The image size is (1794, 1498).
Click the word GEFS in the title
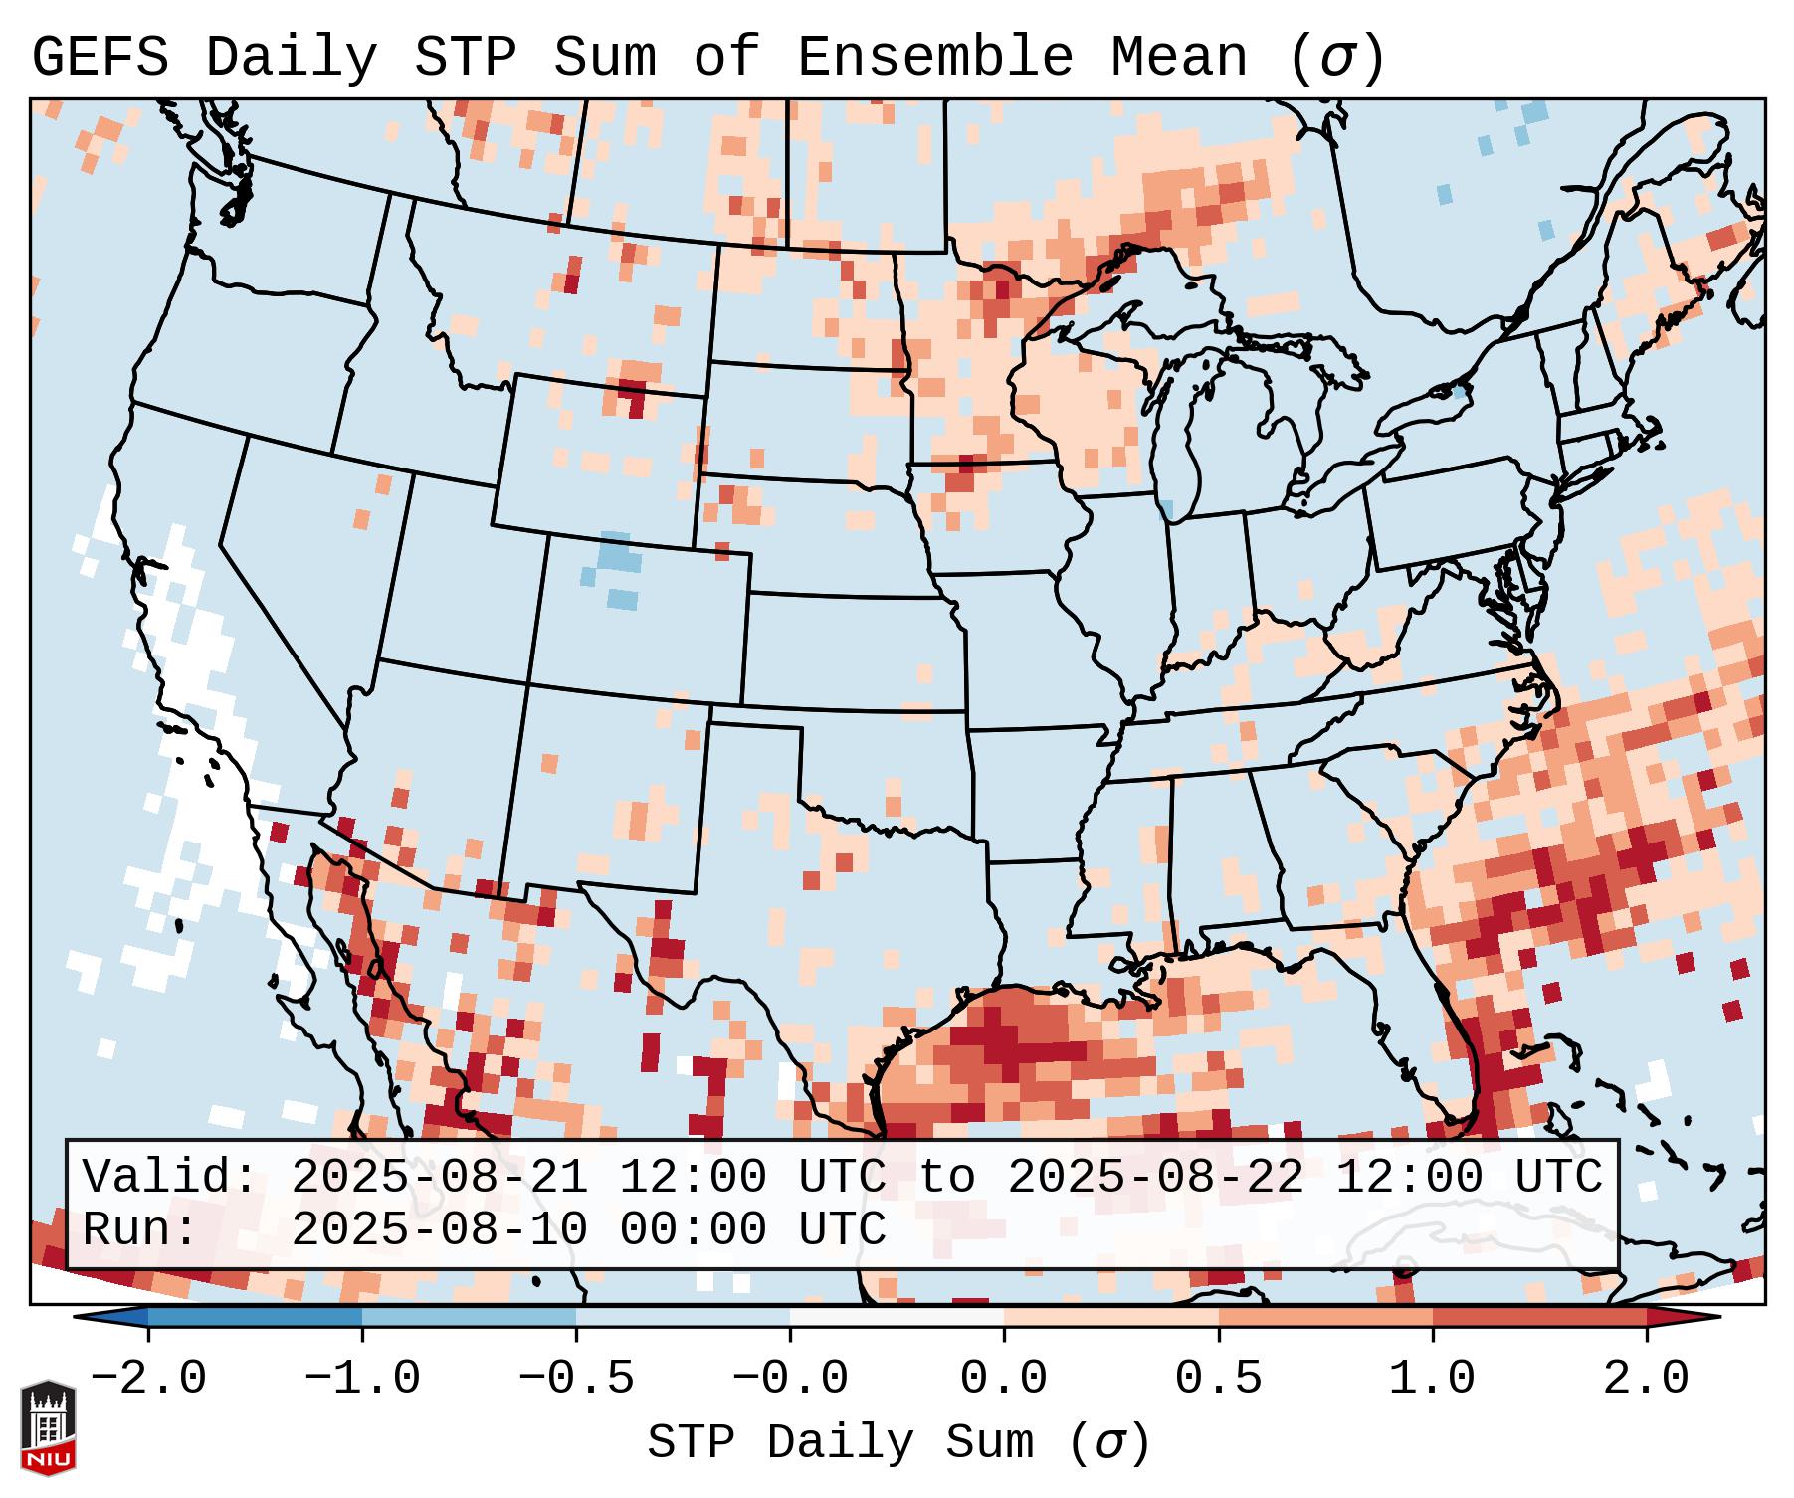(x=100, y=58)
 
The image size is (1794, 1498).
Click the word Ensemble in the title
(x=934, y=58)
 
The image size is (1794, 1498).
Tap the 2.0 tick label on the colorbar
(x=1646, y=1379)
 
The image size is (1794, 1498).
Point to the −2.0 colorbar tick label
(x=148, y=1379)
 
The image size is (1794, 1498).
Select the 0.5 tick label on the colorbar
(x=1218, y=1379)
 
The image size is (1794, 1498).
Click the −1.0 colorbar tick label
(x=362, y=1379)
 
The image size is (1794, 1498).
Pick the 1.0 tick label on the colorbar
(x=1432, y=1379)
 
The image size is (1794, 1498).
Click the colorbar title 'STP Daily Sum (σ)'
(x=898, y=1443)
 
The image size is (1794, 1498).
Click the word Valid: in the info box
(x=170, y=1177)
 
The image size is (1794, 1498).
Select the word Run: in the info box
(x=140, y=1229)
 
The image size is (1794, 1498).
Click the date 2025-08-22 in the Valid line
(x=1156, y=1177)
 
